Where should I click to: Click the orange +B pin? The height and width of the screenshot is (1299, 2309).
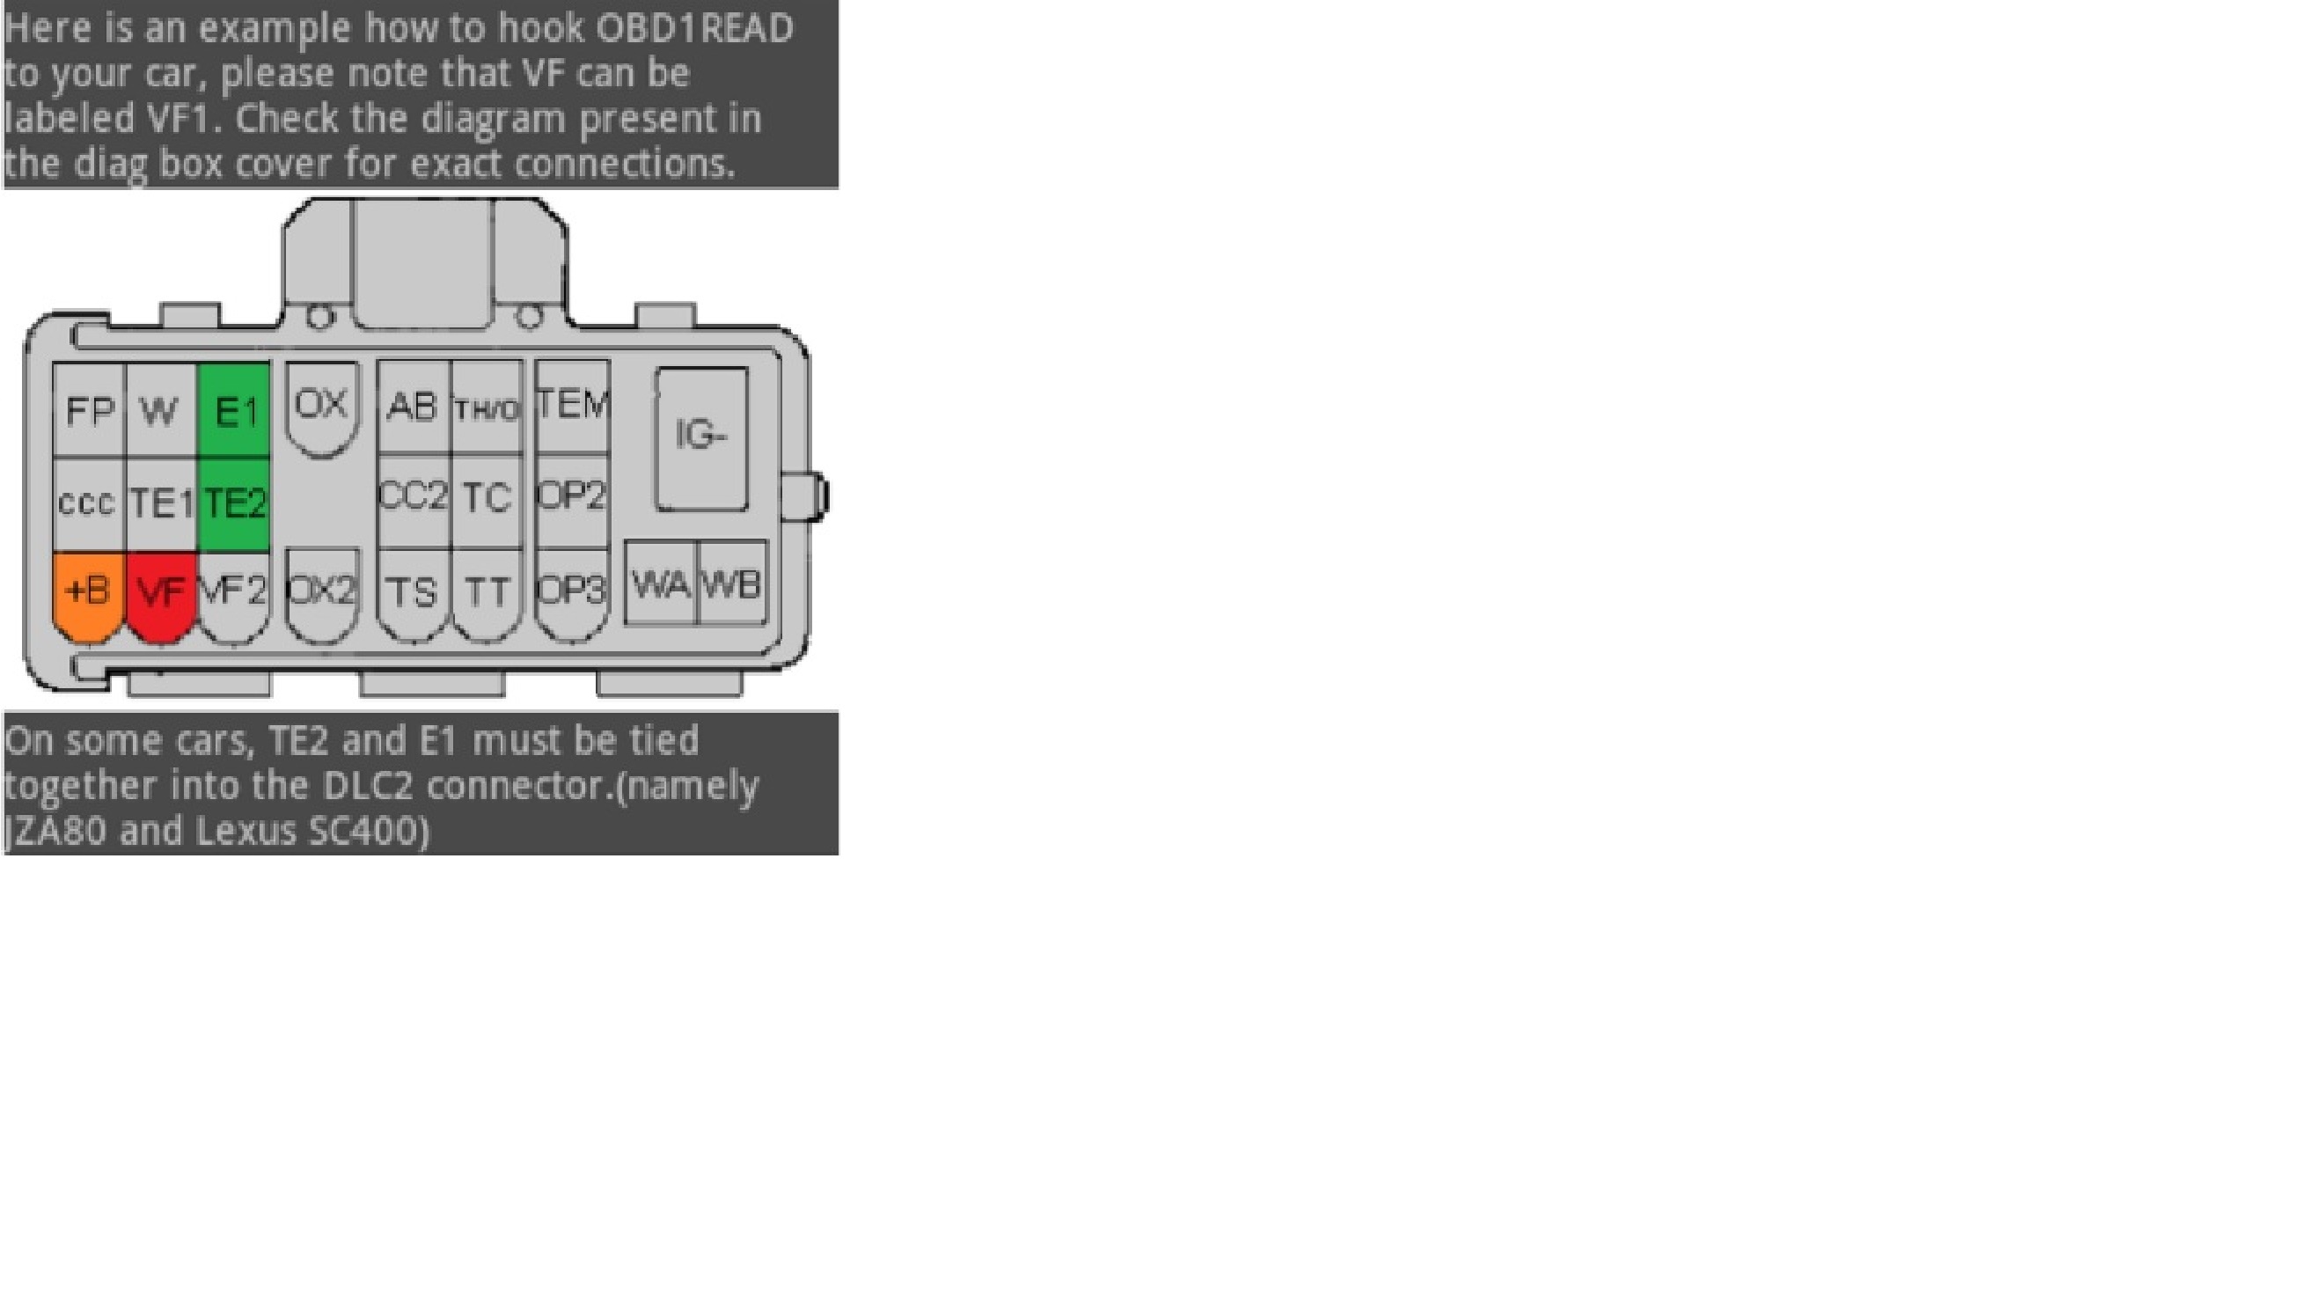[x=88, y=591]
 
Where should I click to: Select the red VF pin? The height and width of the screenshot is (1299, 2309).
[x=161, y=591]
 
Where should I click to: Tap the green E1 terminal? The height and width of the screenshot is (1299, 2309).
[x=235, y=411]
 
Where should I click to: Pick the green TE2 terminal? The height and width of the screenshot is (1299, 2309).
[x=235, y=502]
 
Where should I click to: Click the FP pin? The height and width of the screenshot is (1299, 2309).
[x=89, y=411]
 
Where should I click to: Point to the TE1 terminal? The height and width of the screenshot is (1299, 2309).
[x=161, y=502]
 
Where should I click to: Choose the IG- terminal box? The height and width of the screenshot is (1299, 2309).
[x=701, y=437]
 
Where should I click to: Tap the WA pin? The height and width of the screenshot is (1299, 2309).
[x=661, y=584]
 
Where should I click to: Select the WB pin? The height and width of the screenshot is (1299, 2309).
[x=732, y=584]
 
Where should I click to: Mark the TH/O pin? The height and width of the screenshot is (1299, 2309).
[x=486, y=408]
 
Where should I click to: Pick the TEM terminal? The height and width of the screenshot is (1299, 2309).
[x=572, y=405]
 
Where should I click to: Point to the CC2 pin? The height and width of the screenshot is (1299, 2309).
[x=414, y=495]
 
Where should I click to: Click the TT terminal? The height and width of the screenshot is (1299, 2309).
[x=487, y=591]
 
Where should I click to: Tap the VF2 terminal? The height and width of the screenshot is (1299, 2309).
[x=234, y=591]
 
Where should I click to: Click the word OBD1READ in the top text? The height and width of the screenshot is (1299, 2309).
[x=694, y=29]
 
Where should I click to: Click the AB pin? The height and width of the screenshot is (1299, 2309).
[x=413, y=407]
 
